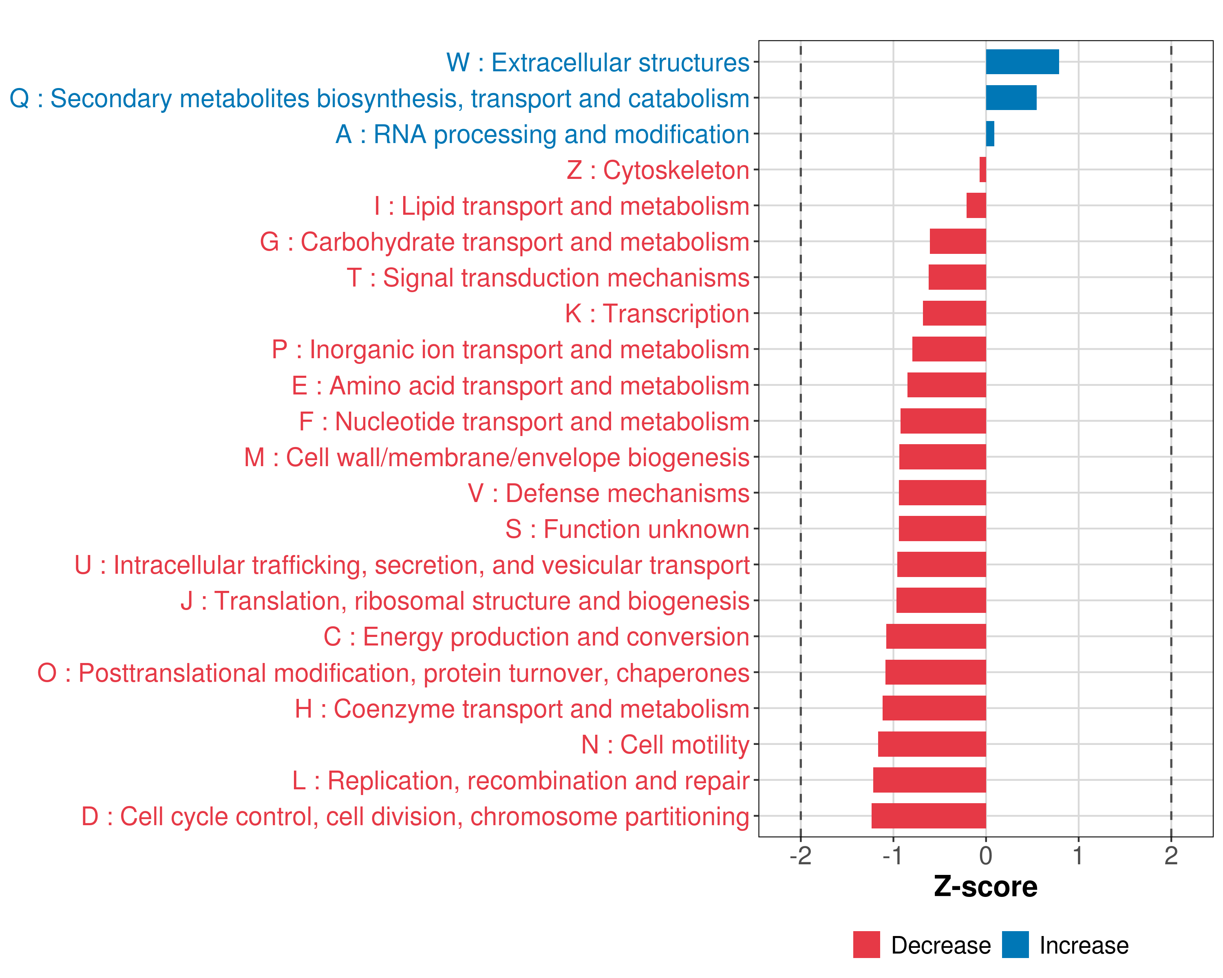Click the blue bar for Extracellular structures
1022,62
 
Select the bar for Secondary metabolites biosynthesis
1011,97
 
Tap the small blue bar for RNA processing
990,134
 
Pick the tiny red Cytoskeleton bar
982,170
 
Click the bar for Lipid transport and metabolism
976,205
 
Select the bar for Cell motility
932,744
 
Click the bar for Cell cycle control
929,816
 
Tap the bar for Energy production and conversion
936,636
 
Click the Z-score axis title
985,887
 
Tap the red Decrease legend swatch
866,945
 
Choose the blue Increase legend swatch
1015,945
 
